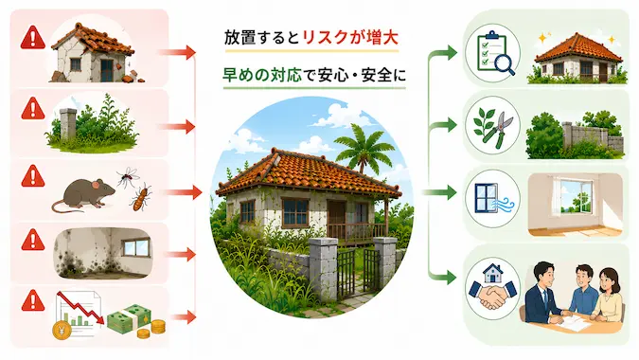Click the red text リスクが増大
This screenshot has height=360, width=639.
pos(350,38)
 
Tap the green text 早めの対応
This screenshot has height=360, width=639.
pos(262,75)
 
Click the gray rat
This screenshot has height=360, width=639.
pos(85,194)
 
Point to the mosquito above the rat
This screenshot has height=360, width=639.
pos(128,176)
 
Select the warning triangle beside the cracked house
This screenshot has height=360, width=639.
pos(32,38)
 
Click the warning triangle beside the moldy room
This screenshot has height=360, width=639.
pos(32,240)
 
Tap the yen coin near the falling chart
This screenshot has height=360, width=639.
pos(62,330)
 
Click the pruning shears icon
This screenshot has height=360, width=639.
pos(492,126)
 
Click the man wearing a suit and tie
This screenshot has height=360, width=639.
pos(543,293)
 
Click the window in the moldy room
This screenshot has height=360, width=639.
pos(136,248)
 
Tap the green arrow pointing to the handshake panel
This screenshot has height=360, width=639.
pos(442,278)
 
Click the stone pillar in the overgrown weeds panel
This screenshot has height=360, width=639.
pos(67,124)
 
